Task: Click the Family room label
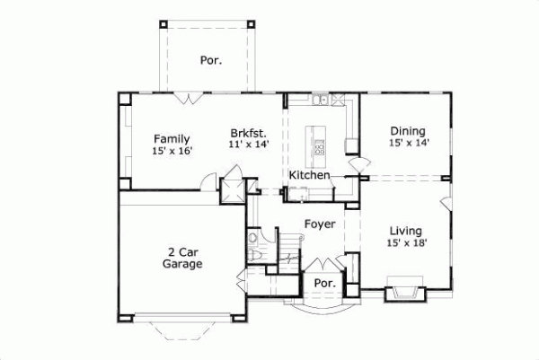(x=171, y=138)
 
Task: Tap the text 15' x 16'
(x=171, y=152)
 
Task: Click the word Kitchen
(x=309, y=175)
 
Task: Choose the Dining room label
(x=408, y=129)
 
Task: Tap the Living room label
(x=408, y=229)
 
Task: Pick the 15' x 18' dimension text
(x=408, y=242)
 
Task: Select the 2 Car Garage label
(x=182, y=258)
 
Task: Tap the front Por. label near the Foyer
(x=322, y=282)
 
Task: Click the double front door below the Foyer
(x=321, y=267)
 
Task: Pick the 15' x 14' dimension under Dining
(x=408, y=143)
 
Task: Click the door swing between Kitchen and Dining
(x=357, y=164)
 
